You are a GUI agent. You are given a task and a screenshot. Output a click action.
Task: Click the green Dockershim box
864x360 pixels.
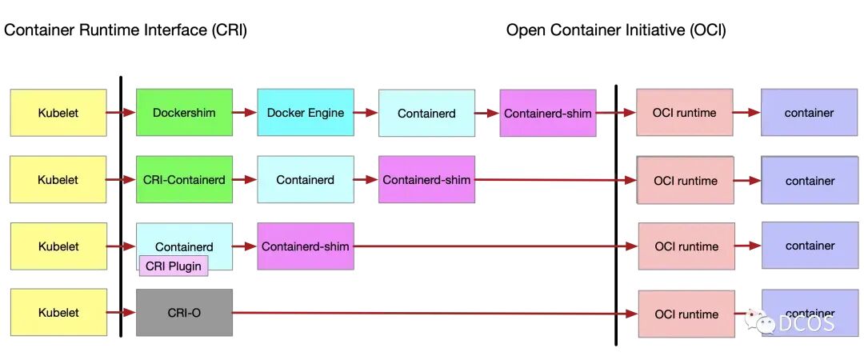184,113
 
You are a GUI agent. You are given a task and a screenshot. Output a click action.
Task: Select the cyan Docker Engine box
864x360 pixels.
306,113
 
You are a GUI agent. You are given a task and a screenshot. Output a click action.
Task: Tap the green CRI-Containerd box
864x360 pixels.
184,179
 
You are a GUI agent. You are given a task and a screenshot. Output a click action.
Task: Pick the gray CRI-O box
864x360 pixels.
184,313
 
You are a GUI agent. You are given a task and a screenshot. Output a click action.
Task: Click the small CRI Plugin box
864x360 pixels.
174,266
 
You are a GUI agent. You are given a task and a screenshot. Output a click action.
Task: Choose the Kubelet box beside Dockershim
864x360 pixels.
58,113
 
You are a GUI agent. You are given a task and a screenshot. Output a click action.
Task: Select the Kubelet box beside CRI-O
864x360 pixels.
58,312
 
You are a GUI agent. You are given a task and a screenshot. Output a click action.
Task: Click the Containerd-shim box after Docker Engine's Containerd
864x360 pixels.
548,113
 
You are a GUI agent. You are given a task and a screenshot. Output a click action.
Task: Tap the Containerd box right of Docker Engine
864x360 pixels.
426,113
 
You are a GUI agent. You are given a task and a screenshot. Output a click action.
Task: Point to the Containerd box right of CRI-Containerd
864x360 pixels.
306,179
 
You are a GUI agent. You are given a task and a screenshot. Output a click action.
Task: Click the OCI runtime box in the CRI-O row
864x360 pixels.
686,314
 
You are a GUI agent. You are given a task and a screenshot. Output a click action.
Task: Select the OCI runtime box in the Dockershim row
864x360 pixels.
684,113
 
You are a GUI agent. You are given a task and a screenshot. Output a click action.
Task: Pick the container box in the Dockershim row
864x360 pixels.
810,113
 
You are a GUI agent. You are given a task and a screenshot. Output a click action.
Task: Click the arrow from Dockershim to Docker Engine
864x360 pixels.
245,113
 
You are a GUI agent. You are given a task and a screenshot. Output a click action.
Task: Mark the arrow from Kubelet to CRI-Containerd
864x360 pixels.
122,180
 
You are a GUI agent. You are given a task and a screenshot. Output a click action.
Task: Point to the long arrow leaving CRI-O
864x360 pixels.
435,314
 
